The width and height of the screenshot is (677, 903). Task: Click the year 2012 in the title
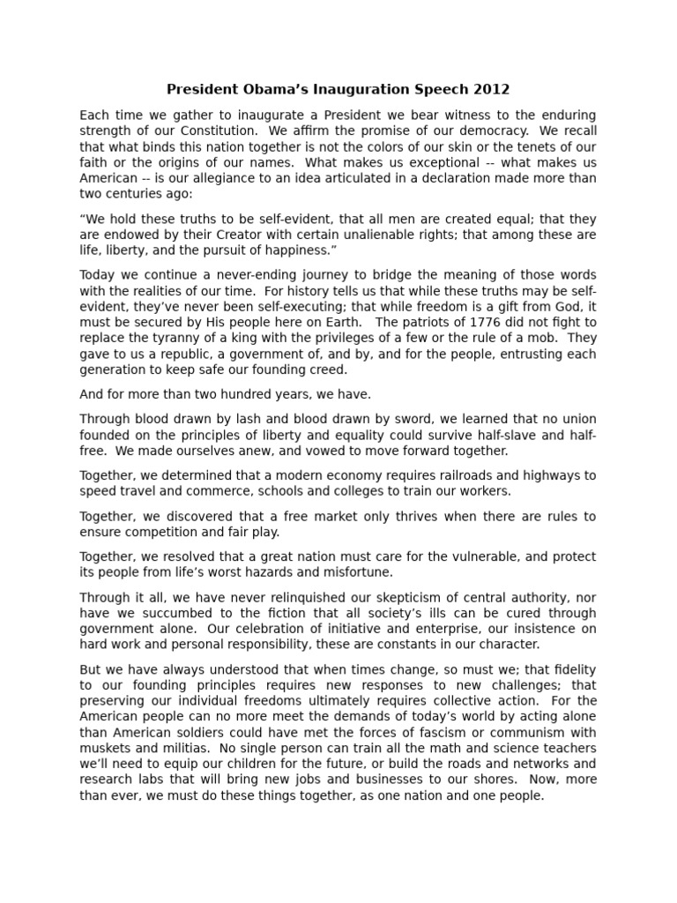point(492,90)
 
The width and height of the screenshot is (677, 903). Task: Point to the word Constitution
point(199,131)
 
